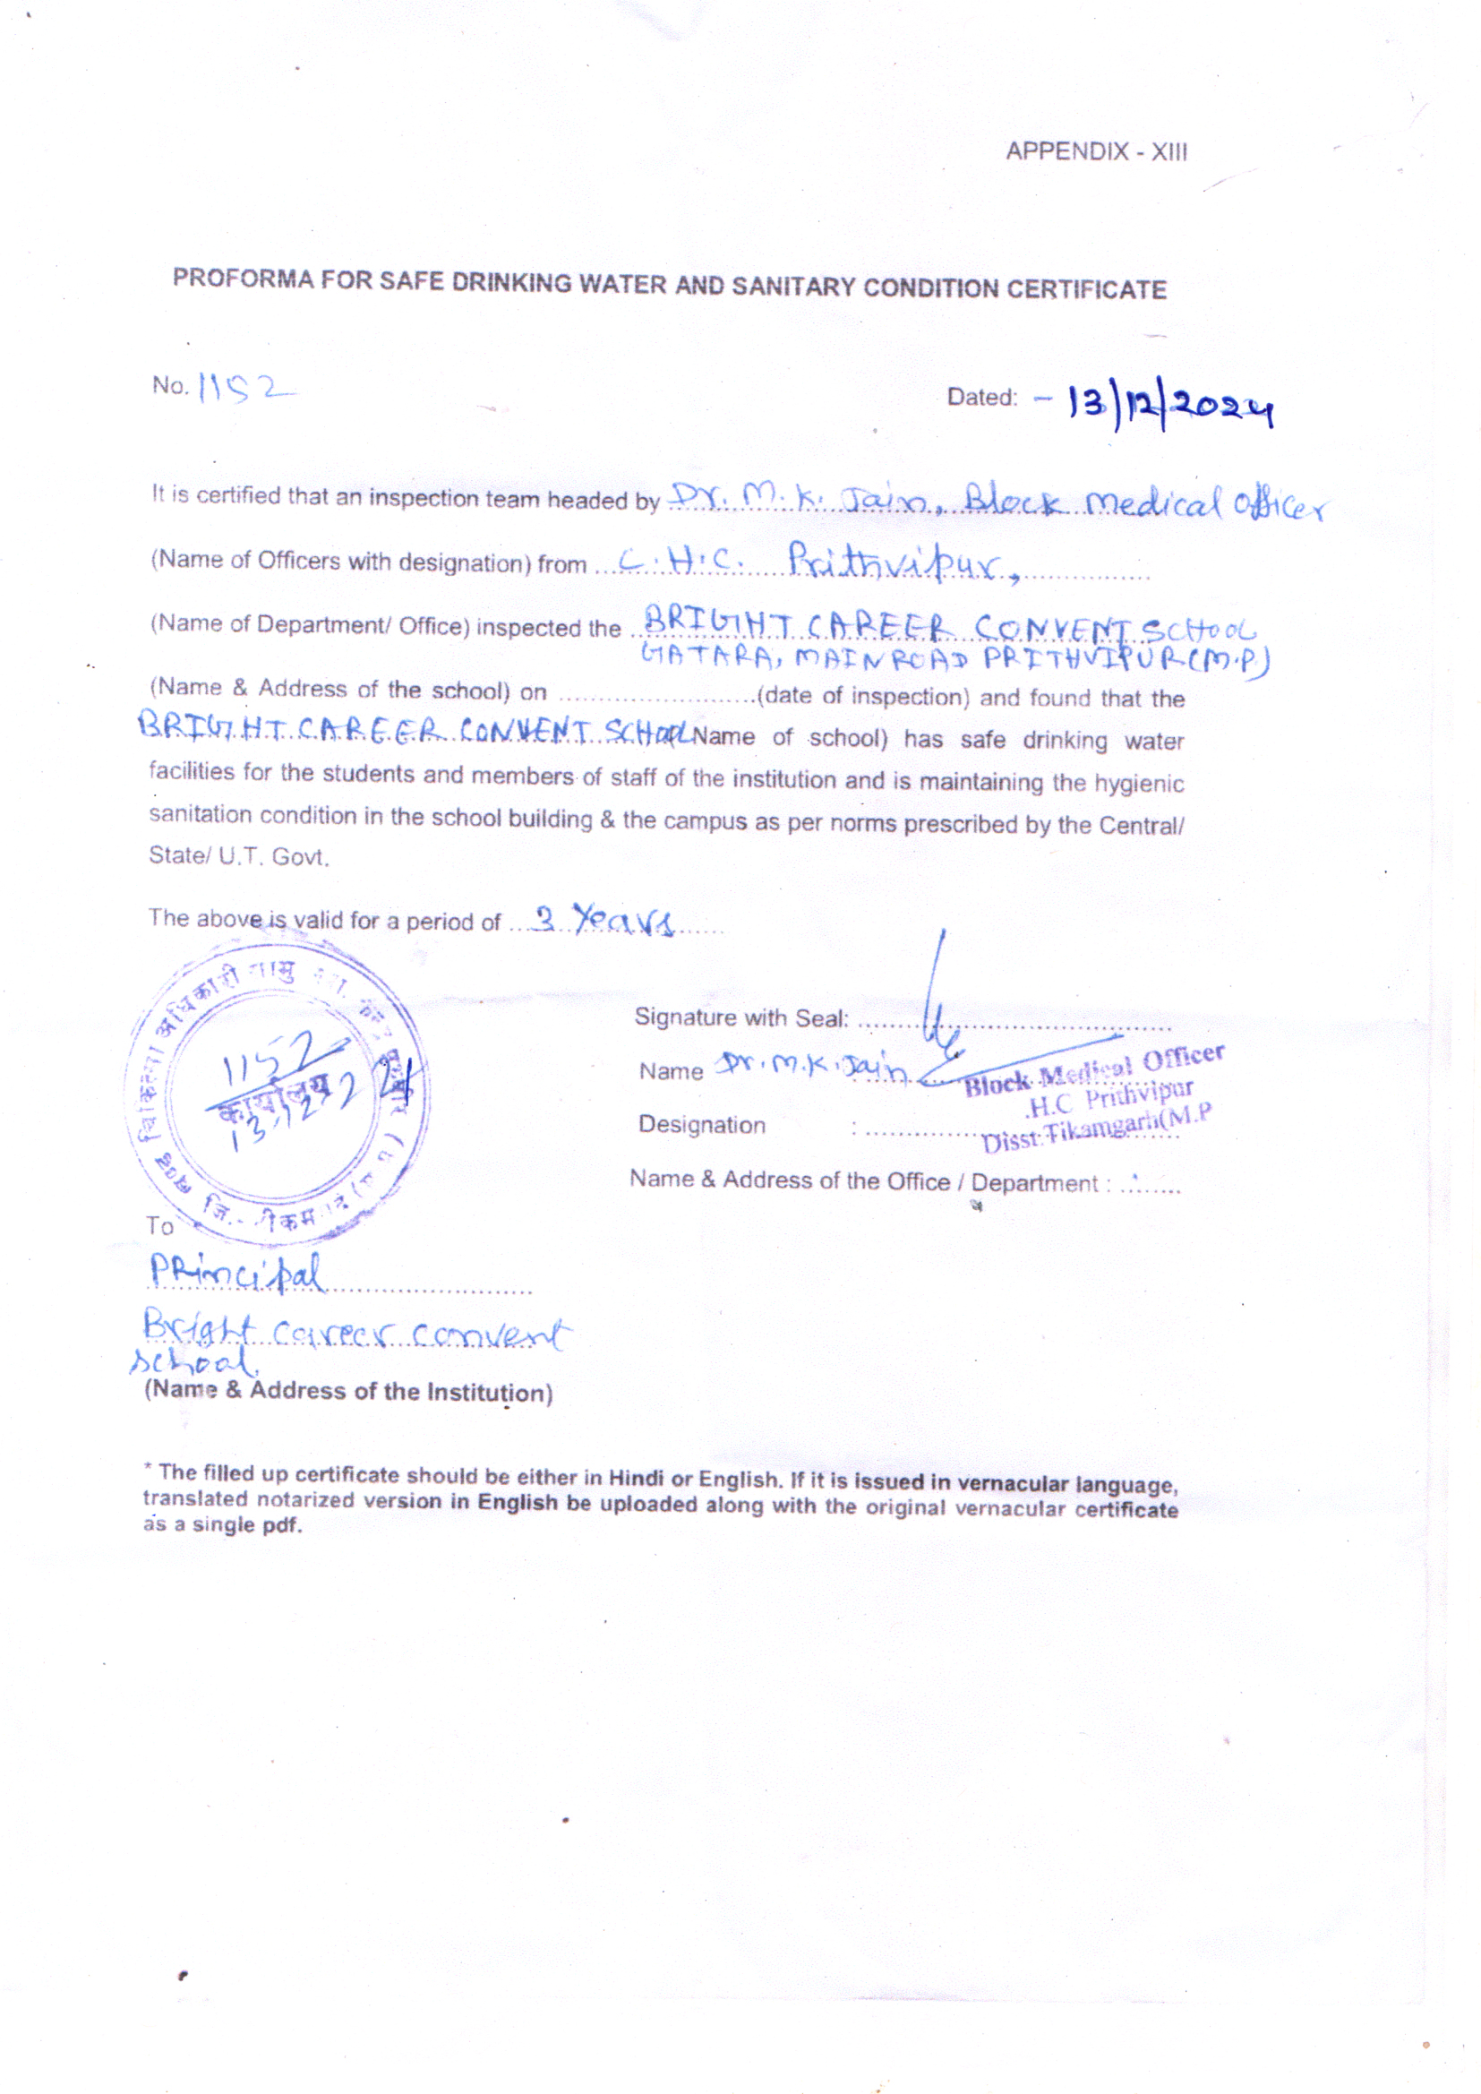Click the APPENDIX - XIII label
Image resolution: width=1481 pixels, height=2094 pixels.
(1096, 151)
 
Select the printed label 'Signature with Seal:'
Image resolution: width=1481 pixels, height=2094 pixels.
(741, 1017)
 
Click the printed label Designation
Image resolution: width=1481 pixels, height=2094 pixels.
(701, 1125)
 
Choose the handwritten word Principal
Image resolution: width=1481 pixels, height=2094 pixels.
(236, 1274)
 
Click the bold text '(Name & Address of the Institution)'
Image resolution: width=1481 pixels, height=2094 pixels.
(348, 1392)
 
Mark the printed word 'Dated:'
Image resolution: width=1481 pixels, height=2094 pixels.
(982, 397)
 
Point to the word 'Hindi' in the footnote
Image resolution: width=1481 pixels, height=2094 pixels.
(636, 1479)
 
